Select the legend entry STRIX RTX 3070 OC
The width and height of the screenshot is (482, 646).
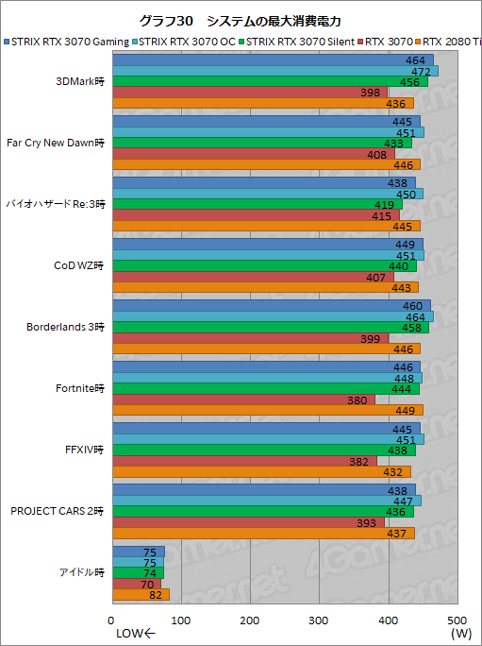tap(188, 41)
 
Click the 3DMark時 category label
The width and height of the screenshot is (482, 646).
tap(82, 82)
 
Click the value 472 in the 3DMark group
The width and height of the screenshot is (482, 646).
tap(424, 72)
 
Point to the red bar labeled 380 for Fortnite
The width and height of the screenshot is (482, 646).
tap(243, 399)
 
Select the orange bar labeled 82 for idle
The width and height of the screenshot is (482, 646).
tap(141, 595)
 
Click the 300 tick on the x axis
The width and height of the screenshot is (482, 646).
tap(319, 620)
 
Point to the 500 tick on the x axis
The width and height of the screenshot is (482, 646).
tap(457, 620)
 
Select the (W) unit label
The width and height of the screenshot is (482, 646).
tap(460, 634)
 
